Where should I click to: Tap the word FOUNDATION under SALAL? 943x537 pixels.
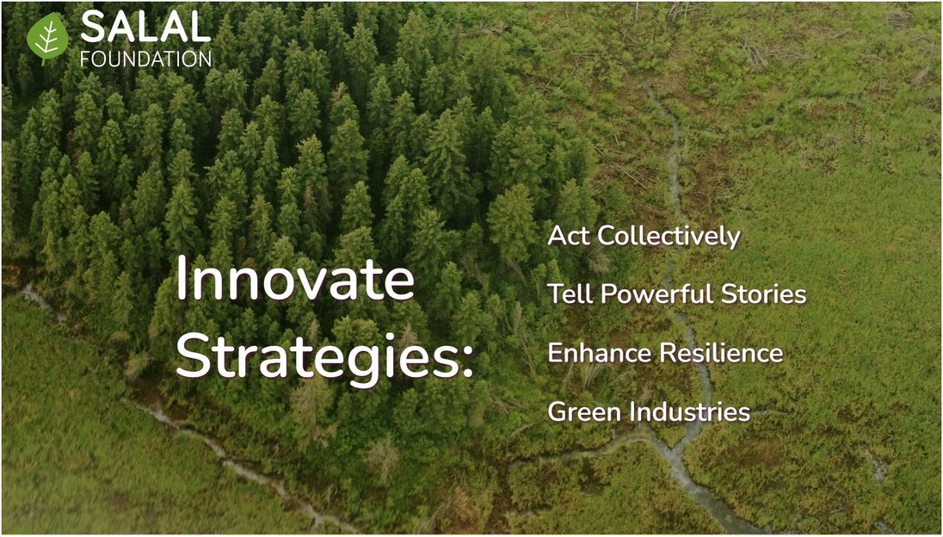[x=145, y=59]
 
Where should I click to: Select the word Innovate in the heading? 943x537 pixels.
[x=295, y=281]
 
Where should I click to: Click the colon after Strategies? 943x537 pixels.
[x=467, y=362]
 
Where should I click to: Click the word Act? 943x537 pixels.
[x=569, y=237]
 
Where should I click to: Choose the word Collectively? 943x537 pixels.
[x=669, y=238]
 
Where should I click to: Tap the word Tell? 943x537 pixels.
[x=570, y=294]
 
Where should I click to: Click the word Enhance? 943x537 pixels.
[x=601, y=353]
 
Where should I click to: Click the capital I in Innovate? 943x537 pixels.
[x=180, y=281]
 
